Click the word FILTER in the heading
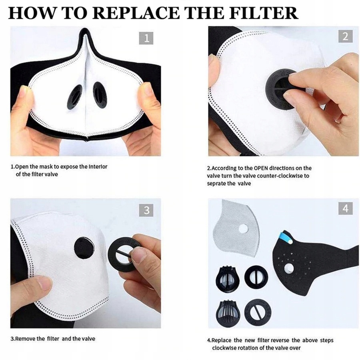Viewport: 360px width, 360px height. [264, 13]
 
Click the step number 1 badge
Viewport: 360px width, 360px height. [146, 38]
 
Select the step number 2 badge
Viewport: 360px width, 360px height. [345, 36]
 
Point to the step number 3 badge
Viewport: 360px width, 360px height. [146, 210]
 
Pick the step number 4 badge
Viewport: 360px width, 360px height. [345, 208]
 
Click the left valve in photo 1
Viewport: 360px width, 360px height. [75, 97]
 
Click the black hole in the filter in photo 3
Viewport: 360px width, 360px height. [84, 248]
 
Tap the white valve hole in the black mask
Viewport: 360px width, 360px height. [289, 268]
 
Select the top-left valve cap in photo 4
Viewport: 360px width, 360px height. [227, 278]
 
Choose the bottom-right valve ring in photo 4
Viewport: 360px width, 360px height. [258, 312]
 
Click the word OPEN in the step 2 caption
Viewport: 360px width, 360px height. [261, 168]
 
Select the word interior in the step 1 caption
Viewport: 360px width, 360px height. [98, 166]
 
